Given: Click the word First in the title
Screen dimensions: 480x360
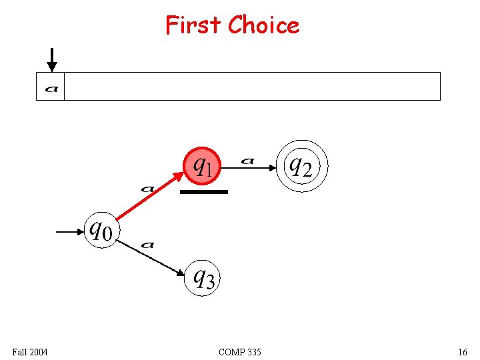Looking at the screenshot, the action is pyautogui.click(x=193, y=25).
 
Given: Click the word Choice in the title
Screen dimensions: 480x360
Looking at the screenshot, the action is pyautogui.click(x=263, y=25).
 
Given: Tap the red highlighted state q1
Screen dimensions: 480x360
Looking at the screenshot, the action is pyautogui.click(x=201, y=166).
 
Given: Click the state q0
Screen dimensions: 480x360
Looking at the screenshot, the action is pyautogui.click(x=101, y=231).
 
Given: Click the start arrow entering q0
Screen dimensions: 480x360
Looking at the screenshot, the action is pyautogui.click(x=70, y=232).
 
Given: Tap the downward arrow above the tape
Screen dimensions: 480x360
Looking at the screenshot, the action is pyautogui.click(x=52, y=60).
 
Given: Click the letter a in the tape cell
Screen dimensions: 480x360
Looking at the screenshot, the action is pyautogui.click(x=51, y=88).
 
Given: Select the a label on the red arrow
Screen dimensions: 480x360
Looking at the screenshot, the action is pyautogui.click(x=147, y=189).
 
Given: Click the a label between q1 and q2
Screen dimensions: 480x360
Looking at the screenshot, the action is pyautogui.click(x=247, y=161).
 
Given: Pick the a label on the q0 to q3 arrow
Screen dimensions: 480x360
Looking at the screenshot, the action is pyautogui.click(x=147, y=245).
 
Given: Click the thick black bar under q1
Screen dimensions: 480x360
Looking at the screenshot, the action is pyautogui.click(x=204, y=192).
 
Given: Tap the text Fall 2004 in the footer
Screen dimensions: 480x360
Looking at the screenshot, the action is pyautogui.click(x=30, y=352).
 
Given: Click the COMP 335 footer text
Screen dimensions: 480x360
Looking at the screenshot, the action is pyautogui.click(x=240, y=352).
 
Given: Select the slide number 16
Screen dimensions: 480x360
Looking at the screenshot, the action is pyautogui.click(x=462, y=352).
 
